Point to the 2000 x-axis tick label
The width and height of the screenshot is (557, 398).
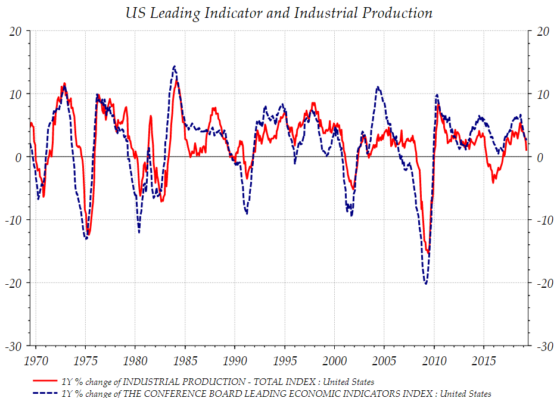point(334,361)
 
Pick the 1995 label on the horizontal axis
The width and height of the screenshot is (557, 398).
point(285,361)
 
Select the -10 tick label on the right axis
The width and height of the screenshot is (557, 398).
point(543,220)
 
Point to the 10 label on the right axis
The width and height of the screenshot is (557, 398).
point(541,95)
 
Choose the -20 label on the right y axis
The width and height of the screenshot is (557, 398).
point(543,283)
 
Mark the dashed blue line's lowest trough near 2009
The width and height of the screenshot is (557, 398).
point(425,284)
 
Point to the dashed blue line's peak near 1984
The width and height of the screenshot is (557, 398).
point(174,66)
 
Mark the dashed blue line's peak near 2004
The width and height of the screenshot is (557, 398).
point(378,87)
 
